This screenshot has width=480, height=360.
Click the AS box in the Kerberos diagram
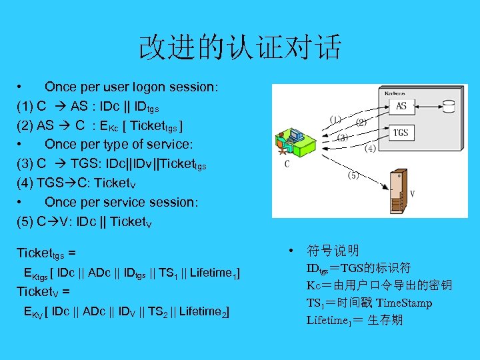[x=401, y=105]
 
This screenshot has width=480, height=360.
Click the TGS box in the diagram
[x=400, y=133]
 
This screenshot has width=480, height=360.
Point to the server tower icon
[x=398, y=193]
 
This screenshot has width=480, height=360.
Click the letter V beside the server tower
[x=413, y=194]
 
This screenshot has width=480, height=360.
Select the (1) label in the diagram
[x=335, y=119]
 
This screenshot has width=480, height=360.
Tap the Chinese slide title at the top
[x=240, y=47]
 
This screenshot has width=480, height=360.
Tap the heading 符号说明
[x=333, y=251]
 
